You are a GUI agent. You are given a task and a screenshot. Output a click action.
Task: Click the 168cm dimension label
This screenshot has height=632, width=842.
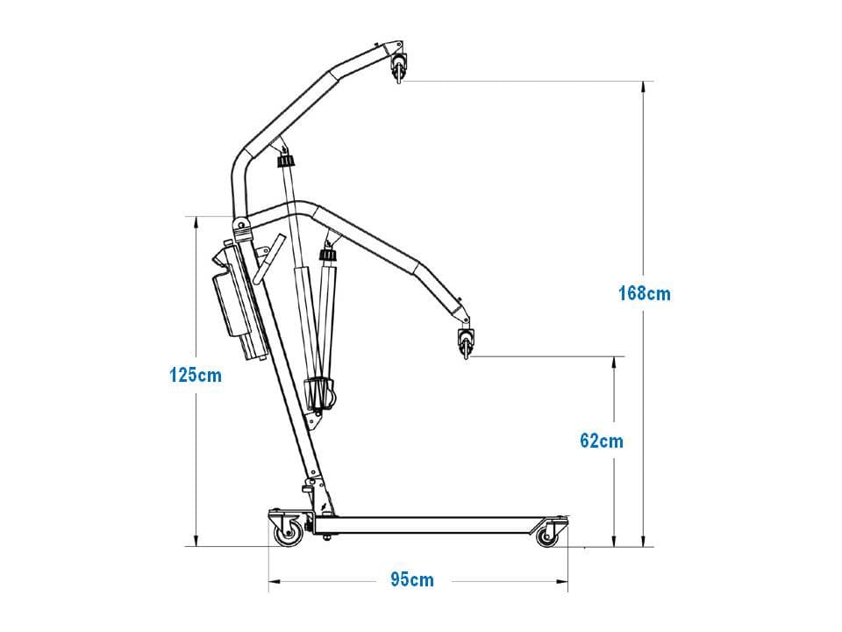click(x=645, y=293)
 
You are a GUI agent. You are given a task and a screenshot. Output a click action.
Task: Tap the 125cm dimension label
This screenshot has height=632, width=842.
click(x=196, y=375)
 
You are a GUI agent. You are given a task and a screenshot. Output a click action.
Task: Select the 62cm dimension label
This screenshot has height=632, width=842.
click(x=602, y=441)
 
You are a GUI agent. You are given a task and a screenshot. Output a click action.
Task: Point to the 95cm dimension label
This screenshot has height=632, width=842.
click(x=412, y=579)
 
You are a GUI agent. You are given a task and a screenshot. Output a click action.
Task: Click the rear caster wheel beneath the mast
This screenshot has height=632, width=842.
click(x=289, y=535)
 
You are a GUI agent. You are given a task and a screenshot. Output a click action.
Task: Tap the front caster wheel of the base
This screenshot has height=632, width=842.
click(x=547, y=535)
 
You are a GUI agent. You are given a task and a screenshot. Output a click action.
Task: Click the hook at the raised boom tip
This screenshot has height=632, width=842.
click(x=398, y=68)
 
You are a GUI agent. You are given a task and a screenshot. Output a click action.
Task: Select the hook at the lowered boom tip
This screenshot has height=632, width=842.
click(x=466, y=343)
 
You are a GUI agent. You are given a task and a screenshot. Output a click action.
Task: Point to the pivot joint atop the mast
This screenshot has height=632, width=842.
click(x=241, y=225)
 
